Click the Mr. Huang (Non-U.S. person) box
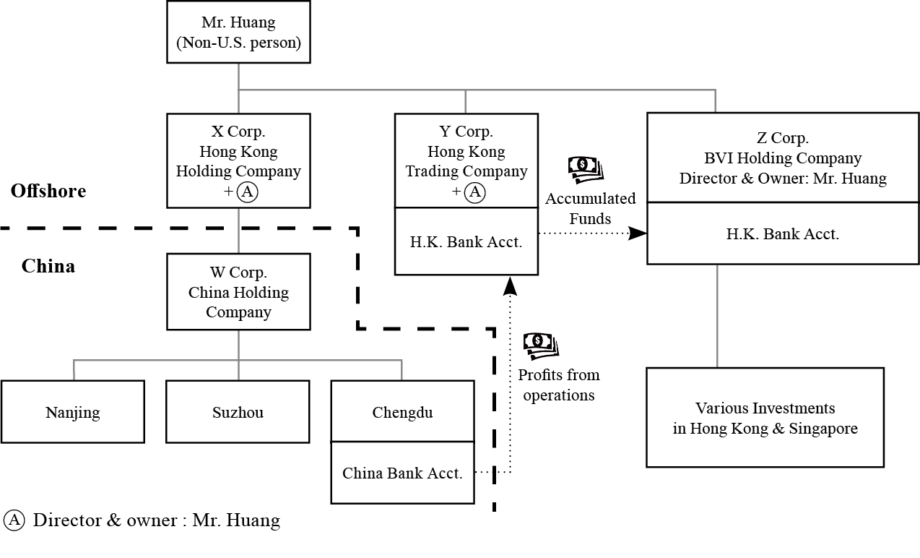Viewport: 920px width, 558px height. click(x=238, y=33)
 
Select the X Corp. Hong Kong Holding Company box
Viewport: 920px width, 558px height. click(x=238, y=160)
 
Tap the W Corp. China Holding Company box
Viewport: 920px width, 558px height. click(x=238, y=292)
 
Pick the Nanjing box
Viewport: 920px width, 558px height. click(x=73, y=412)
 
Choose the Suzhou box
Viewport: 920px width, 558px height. click(x=238, y=412)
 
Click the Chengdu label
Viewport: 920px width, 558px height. click(x=402, y=412)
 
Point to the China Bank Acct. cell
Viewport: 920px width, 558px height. click(x=402, y=473)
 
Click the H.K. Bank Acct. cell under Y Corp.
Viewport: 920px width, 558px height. click(x=466, y=242)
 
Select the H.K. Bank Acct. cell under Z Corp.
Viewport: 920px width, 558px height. click(x=783, y=234)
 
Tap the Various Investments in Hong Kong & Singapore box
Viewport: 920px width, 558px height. click(x=765, y=418)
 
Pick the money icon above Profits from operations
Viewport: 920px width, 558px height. click(x=540, y=346)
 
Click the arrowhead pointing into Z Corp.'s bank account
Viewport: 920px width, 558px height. click(x=638, y=233)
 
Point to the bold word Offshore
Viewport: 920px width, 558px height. click(x=48, y=191)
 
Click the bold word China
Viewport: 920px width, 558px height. click(x=48, y=266)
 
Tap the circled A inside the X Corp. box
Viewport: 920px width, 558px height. click(x=247, y=192)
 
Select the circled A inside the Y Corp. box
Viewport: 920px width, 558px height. click(x=474, y=192)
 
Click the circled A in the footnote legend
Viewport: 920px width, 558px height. click(x=14, y=520)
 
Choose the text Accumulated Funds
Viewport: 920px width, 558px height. click(x=590, y=208)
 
